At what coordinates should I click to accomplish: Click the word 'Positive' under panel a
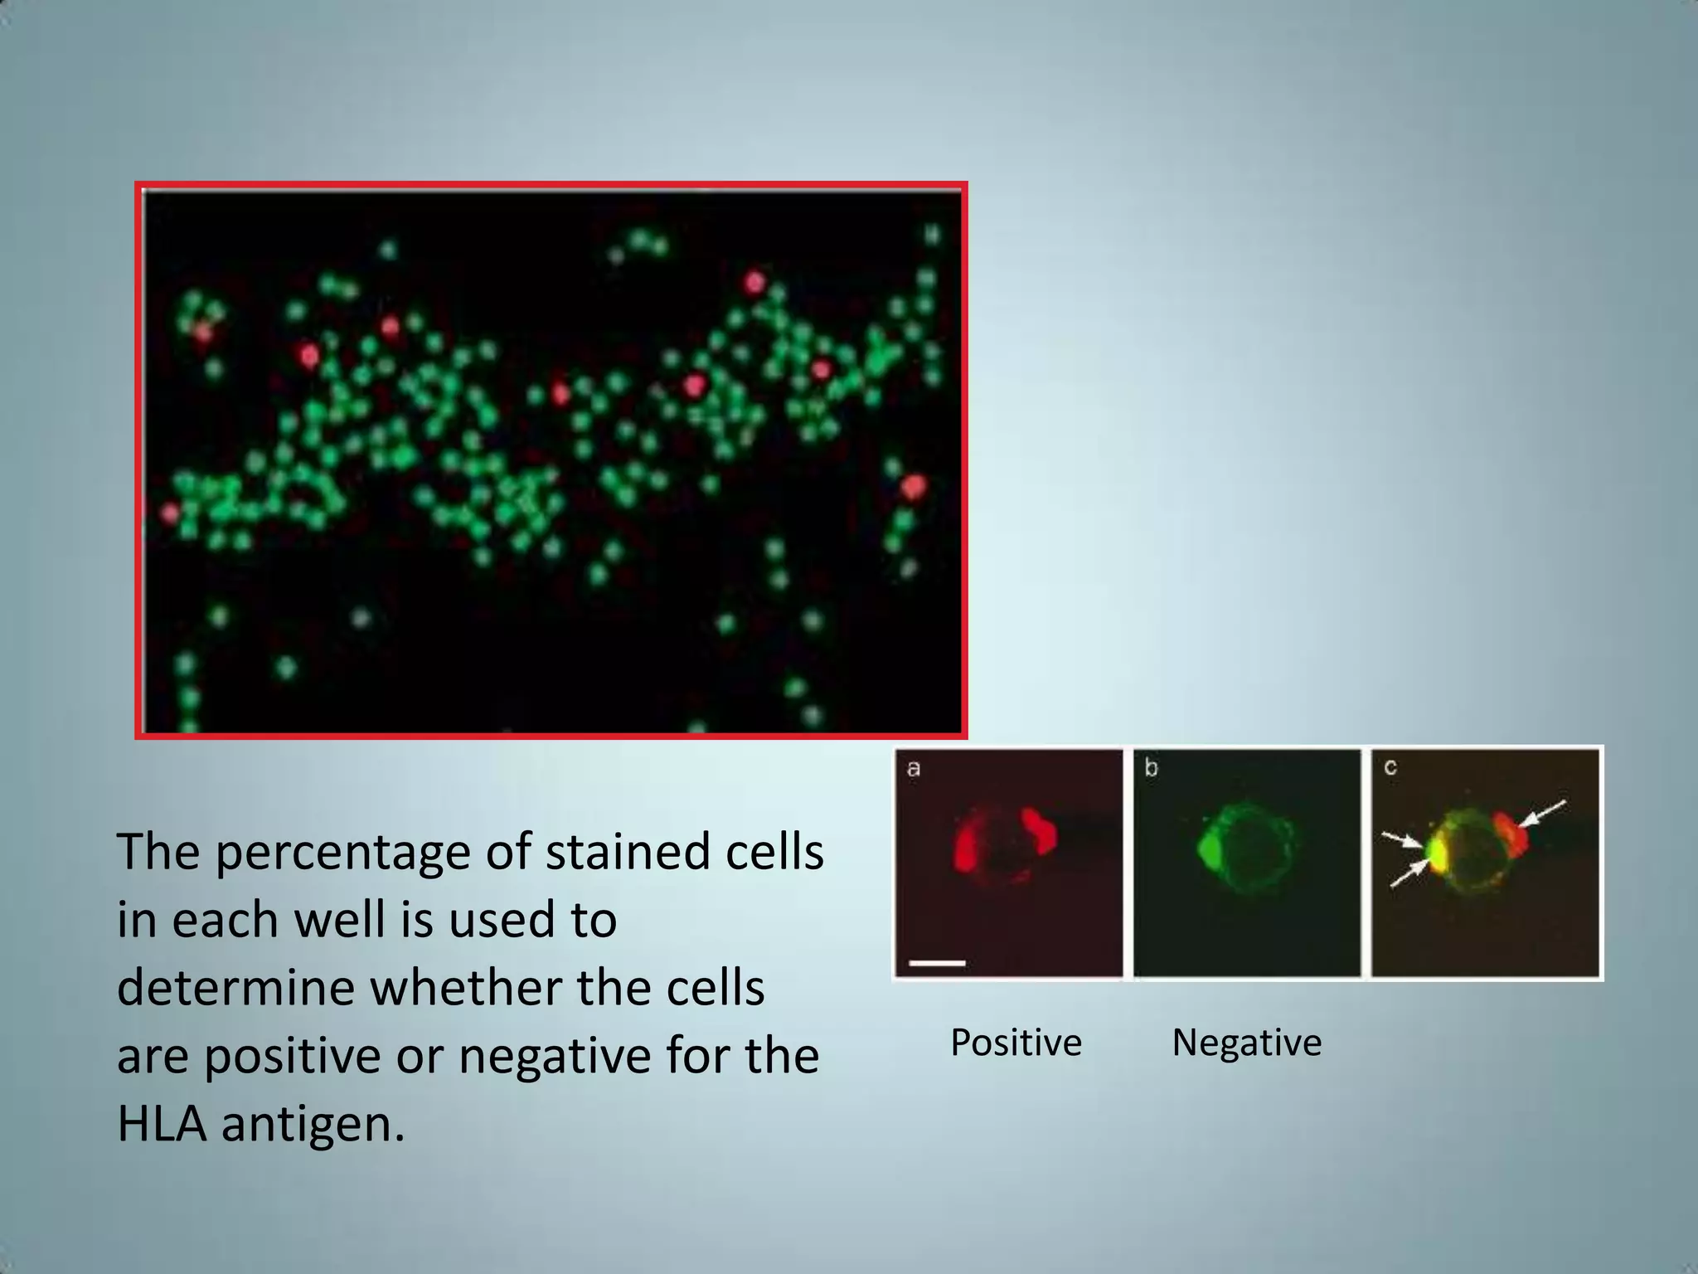click(1016, 1043)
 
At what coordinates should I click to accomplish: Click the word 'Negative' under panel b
click(1246, 1043)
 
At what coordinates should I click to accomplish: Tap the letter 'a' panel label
click(914, 769)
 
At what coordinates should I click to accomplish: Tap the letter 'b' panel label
click(1152, 768)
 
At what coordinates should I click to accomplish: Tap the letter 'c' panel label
click(1390, 767)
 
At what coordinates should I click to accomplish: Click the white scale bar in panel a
click(937, 963)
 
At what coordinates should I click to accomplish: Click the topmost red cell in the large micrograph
click(754, 283)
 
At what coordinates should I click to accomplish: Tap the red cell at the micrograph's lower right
click(913, 487)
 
